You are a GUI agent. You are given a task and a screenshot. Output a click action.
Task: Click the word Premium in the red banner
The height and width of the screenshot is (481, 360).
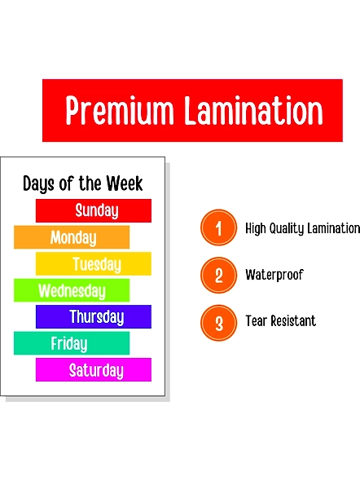(x=120, y=110)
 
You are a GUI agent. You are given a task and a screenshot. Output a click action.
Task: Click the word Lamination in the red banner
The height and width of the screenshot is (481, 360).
(x=253, y=110)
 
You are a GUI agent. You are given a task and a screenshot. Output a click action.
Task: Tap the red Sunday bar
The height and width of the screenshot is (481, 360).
(x=94, y=210)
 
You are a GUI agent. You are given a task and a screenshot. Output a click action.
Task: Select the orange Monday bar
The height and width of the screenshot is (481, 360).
(x=72, y=237)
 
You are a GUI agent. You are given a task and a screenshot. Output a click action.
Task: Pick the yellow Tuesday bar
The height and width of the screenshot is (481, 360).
(x=94, y=263)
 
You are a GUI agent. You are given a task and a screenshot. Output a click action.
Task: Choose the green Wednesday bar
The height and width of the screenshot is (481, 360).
(x=72, y=290)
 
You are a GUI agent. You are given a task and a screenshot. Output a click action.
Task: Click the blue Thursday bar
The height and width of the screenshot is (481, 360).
(x=94, y=316)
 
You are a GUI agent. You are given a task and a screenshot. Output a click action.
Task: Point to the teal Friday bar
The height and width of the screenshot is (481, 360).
(x=72, y=343)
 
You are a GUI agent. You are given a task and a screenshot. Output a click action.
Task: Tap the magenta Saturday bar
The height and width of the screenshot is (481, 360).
(x=94, y=369)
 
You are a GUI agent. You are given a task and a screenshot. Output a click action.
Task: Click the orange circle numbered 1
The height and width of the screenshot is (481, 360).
(x=218, y=227)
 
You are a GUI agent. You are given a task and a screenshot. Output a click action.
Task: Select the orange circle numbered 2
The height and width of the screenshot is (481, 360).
(x=218, y=276)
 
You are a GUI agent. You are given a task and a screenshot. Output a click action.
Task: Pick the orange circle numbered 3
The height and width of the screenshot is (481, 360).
(x=218, y=323)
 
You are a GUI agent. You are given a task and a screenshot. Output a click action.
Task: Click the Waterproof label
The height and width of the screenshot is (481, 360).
(x=274, y=275)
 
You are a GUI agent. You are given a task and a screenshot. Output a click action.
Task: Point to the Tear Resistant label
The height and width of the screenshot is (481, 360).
(x=280, y=321)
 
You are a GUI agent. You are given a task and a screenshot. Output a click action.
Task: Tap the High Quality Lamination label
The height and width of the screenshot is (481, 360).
(x=302, y=228)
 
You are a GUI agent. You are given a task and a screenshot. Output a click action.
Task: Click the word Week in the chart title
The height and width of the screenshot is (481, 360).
(x=125, y=183)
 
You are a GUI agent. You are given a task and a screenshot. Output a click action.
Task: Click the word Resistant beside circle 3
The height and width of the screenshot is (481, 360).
(x=293, y=321)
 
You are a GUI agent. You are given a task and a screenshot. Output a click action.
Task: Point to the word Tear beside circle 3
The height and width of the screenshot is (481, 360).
(x=257, y=321)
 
